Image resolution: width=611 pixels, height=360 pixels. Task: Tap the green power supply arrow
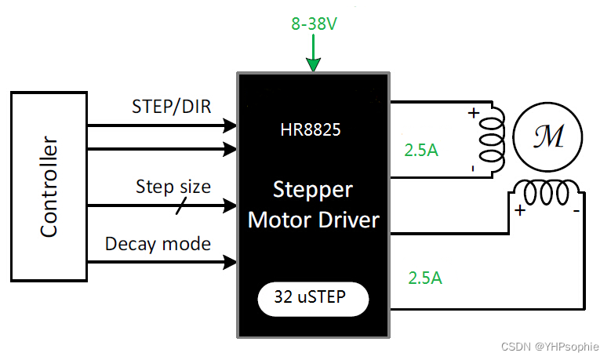coord(313,55)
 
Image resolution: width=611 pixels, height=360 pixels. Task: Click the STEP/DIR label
coord(172,107)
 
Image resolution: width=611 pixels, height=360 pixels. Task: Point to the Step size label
coord(173,187)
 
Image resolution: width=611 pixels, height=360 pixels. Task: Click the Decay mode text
coord(158,244)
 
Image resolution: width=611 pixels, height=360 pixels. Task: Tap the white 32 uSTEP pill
coord(313,297)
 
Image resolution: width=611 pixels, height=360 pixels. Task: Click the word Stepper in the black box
coord(313,190)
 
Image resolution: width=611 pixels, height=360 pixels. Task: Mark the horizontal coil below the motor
coord(547,190)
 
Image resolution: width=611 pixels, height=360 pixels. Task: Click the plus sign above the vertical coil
coord(472,113)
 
